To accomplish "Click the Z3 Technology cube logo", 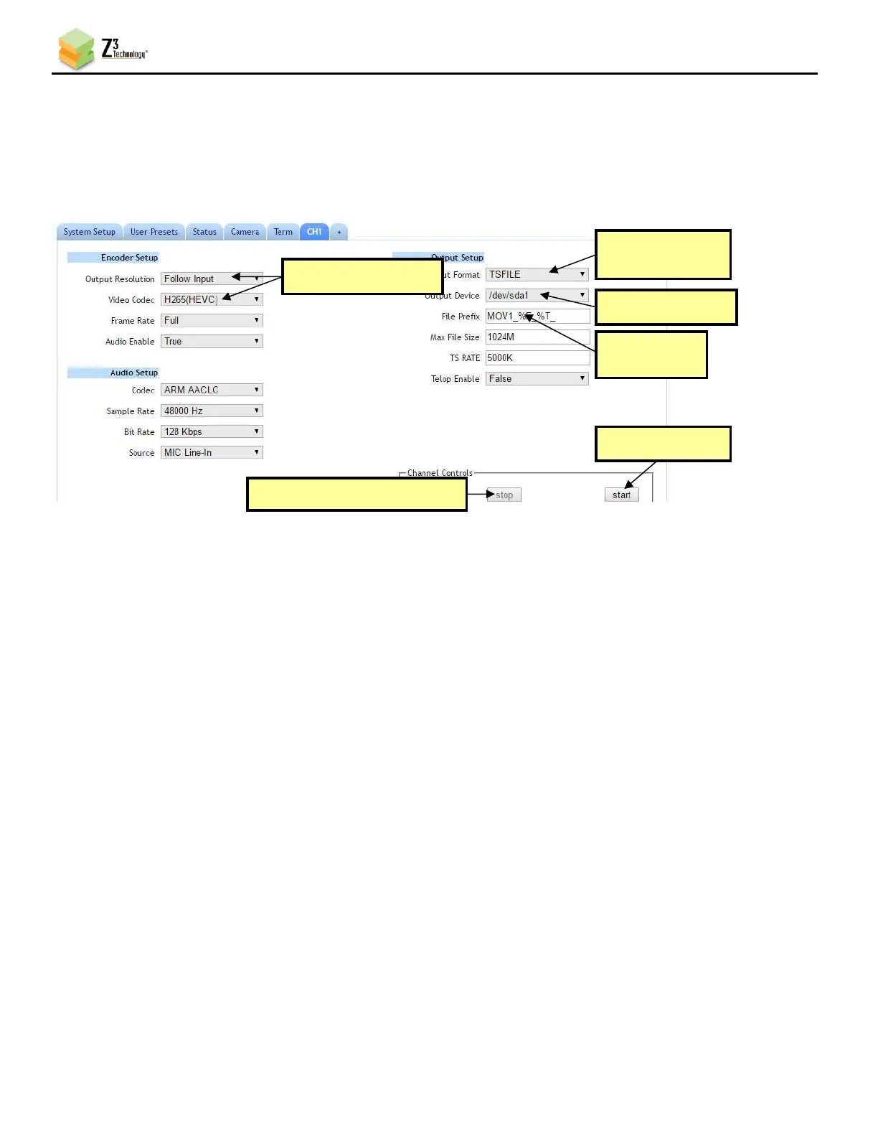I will click(x=76, y=49).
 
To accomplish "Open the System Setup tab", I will click(x=89, y=232).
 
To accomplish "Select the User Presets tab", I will click(x=154, y=232).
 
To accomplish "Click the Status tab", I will click(x=204, y=232).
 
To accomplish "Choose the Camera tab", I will click(x=245, y=232).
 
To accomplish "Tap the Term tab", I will click(x=283, y=232).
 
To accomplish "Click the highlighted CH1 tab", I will click(x=314, y=232).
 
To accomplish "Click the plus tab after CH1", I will click(x=339, y=232).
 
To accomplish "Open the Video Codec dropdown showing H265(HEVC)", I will click(x=212, y=300).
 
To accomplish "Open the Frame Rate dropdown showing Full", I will click(x=212, y=321).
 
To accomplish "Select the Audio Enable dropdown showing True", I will click(x=212, y=342).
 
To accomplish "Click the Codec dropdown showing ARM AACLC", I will click(x=212, y=390).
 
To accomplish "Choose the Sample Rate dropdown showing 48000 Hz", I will click(x=212, y=411).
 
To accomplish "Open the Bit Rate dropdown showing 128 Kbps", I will click(x=212, y=432).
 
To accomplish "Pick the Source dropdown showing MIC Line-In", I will click(x=212, y=453).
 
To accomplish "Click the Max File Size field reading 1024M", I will click(x=537, y=337).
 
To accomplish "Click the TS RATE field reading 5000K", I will click(x=537, y=358).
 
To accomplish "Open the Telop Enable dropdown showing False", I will click(x=537, y=379).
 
